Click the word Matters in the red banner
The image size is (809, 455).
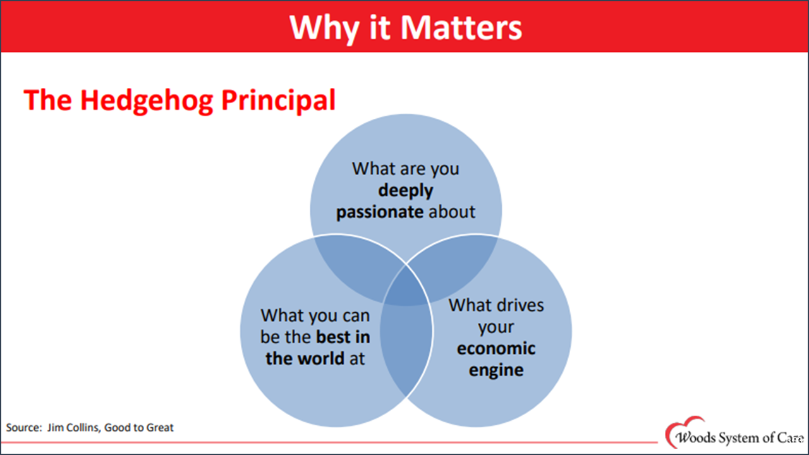click(461, 27)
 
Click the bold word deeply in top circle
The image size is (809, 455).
click(405, 190)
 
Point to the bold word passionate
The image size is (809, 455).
click(379, 212)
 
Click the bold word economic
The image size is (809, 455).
click(496, 349)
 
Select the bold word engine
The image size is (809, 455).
click(496, 370)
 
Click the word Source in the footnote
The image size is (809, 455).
click(23, 428)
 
